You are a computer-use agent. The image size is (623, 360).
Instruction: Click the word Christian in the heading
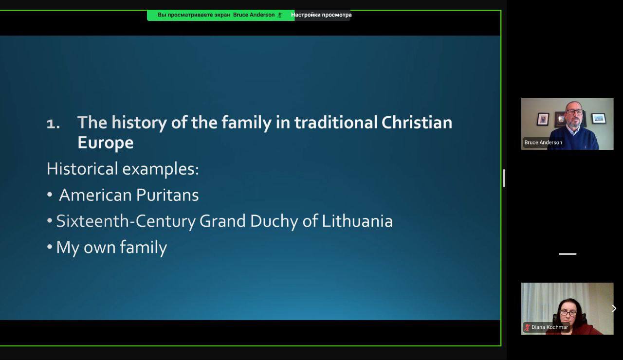(x=417, y=123)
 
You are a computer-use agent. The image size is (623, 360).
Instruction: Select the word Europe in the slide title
(x=106, y=143)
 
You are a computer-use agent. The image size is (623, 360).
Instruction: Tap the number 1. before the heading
(x=53, y=124)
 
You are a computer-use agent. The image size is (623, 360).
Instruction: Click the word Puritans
(x=167, y=195)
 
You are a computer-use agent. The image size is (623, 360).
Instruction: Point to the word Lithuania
(x=357, y=221)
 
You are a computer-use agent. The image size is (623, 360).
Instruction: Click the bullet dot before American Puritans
(x=50, y=195)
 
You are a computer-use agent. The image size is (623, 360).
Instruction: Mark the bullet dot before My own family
(x=50, y=247)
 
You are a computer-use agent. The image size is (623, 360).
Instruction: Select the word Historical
(x=82, y=169)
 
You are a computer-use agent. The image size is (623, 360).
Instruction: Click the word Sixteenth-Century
(x=126, y=221)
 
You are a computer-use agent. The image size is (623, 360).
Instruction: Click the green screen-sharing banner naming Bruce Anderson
(x=220, y=15)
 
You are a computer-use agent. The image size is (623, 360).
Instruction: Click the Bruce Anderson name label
(x=543, y=143)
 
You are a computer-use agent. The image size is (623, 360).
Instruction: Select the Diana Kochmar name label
(x=550, y=327)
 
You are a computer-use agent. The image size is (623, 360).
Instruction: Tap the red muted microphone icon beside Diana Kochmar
(x=527, y=327)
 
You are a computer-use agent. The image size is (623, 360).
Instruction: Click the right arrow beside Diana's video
(x=614, y=308)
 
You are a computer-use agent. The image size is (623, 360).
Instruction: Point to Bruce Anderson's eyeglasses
(x=575, y=112)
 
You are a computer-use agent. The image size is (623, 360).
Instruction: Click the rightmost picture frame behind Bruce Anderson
(x=599, y=118)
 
